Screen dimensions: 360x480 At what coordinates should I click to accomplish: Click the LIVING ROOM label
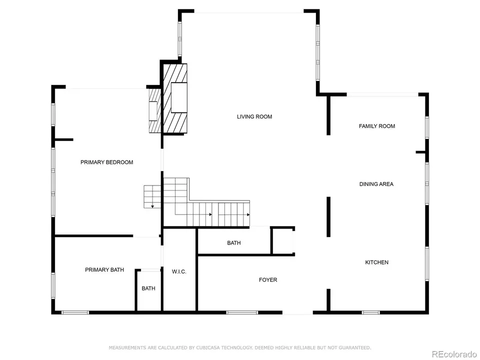[x=254, y=117]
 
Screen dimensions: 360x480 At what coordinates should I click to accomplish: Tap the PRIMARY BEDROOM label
[x=107, y=162]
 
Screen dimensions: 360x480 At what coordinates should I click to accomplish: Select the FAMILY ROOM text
[x=377, y=126]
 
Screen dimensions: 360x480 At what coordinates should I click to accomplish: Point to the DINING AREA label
[x=376, y=184]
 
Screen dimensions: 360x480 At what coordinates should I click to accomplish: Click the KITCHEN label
[x=377, y=262]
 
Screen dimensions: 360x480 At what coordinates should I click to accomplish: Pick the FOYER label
[x=268, y=280]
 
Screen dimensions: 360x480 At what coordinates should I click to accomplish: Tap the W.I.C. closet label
[x=179, y=272]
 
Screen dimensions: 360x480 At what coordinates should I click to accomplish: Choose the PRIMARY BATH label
[x=104, y=270]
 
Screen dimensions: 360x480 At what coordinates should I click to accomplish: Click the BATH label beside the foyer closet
[x=234, y=243]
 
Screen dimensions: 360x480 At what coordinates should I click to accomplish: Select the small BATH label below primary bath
[x=148, y=288]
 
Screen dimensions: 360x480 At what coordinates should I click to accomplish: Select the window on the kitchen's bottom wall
[x=370, y=313]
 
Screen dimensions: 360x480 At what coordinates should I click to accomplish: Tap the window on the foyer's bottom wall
[x=242, y=313]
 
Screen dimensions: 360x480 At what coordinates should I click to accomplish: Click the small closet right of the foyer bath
[x=282, y=241]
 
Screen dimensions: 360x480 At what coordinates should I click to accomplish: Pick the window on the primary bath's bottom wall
[x=75, y=313]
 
